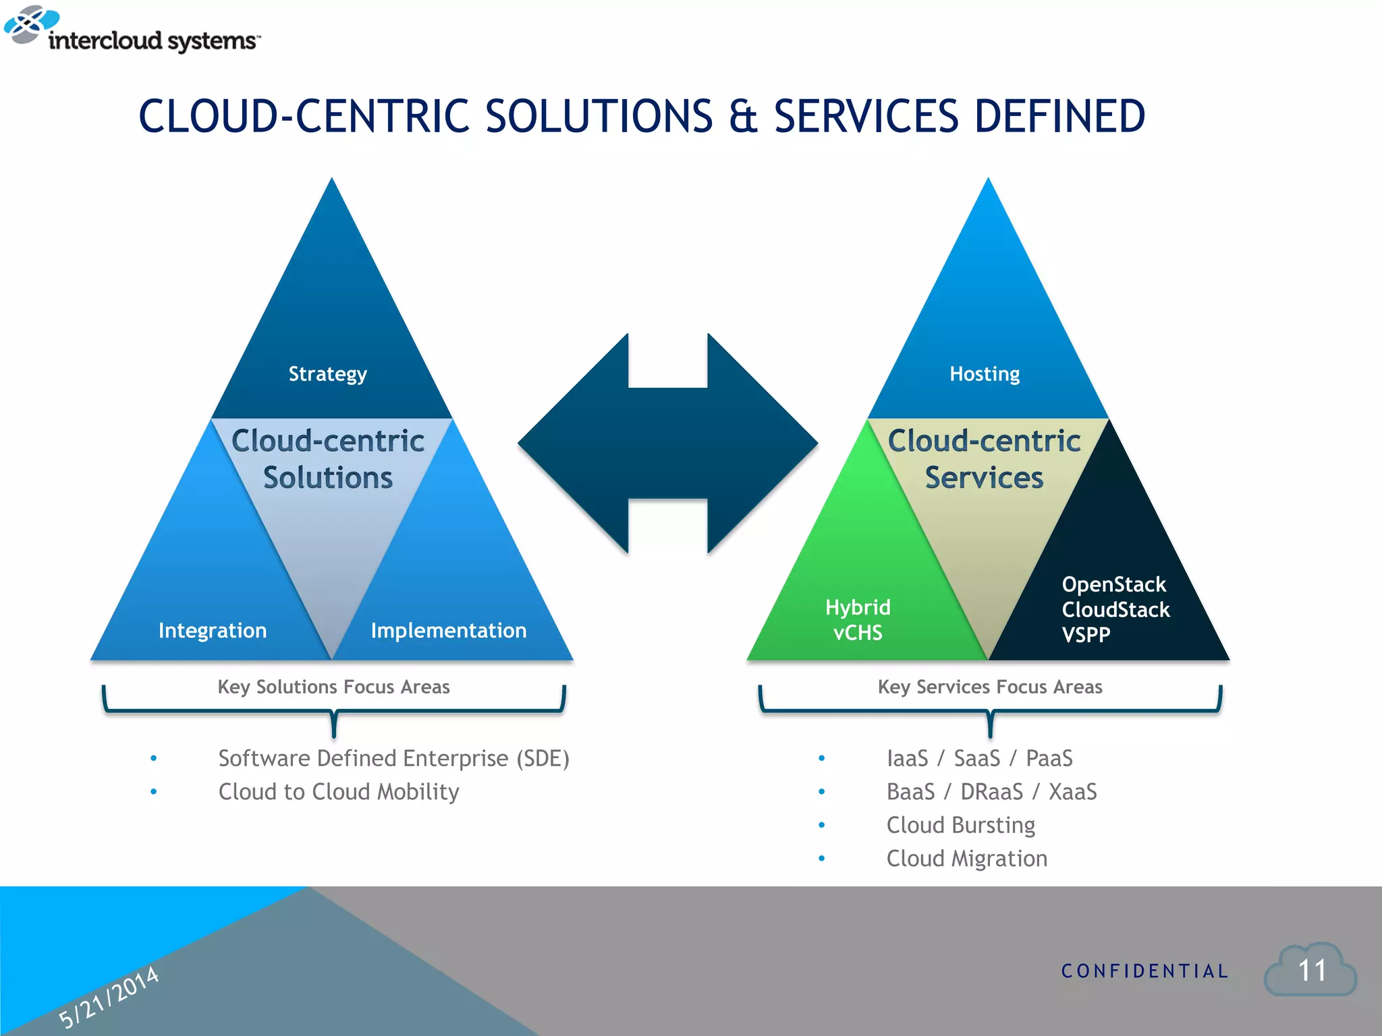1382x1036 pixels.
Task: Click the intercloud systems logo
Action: coord(132,30)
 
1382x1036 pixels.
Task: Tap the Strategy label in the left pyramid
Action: coord(328,374)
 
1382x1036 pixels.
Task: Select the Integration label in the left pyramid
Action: coord(213,631)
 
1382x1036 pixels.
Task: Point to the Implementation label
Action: coord(449,631)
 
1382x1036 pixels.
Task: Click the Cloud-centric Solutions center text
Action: coord(328,459)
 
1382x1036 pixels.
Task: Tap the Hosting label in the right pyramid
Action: coord(985,374)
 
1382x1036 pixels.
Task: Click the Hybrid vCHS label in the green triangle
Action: coord(858,620)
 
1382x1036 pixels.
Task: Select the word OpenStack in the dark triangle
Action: coord(1113,584)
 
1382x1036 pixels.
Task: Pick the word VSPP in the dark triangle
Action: coord(1086,635)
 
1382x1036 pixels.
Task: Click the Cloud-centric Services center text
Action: coord(984,459)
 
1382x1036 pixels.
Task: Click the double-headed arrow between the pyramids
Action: coord(667,443)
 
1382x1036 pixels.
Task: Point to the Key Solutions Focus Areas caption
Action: coord(333,687)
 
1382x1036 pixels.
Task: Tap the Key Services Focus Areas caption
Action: coord(990,687)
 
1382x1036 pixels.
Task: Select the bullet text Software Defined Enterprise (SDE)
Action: coord(394,759)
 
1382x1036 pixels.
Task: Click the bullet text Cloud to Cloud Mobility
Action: coord(339,792)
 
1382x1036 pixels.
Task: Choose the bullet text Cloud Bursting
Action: coord(960,826)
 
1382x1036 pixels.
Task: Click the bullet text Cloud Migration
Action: coord(966,859)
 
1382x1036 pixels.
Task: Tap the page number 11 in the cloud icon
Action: coord(1312,971)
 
